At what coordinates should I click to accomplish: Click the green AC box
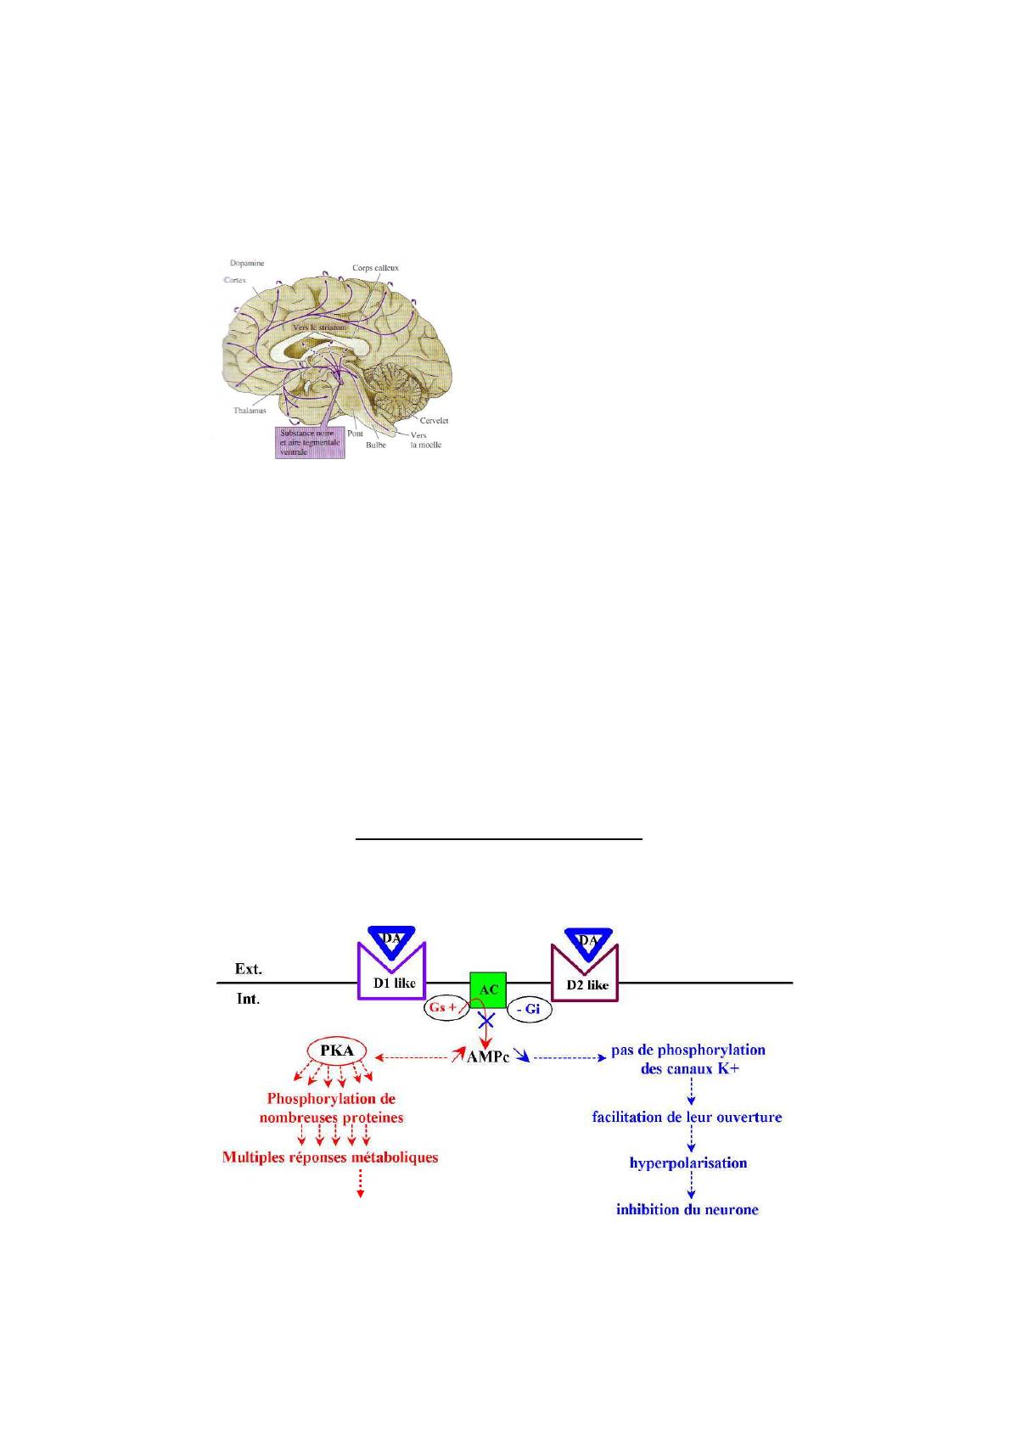coord(488,989)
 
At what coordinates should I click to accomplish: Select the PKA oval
coord(337,1051)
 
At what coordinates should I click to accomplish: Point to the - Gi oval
coord(529,1010)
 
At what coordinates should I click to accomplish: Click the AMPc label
coord(488,1058)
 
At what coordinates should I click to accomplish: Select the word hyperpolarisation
coord(688,1163)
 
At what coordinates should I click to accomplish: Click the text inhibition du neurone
coord(687,1209)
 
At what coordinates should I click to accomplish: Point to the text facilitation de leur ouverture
coord(687,1117)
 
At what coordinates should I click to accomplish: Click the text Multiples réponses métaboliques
coord(330,1157)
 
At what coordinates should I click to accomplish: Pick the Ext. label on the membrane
coord(248,968)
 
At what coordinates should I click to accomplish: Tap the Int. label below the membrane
coord(248,999)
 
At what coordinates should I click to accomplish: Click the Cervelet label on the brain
coord(434,420)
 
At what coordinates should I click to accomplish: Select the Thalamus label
coord(250,411)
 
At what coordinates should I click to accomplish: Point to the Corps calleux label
coord(375,268)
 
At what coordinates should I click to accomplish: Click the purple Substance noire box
coord(311,442)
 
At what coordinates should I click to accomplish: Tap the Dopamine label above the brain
coord(247,263)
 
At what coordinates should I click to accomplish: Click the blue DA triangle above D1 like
coord(391,939)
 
